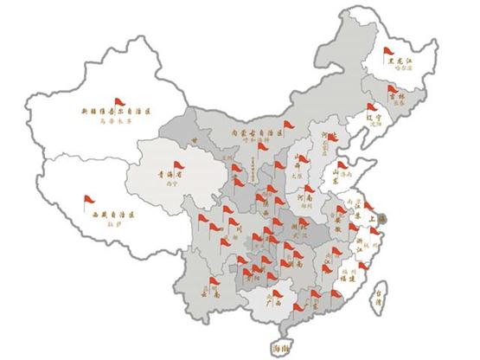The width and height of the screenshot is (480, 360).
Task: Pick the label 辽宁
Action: (x=374, y=114)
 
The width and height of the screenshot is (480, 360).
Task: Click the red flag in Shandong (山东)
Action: (x=344, y=165)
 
